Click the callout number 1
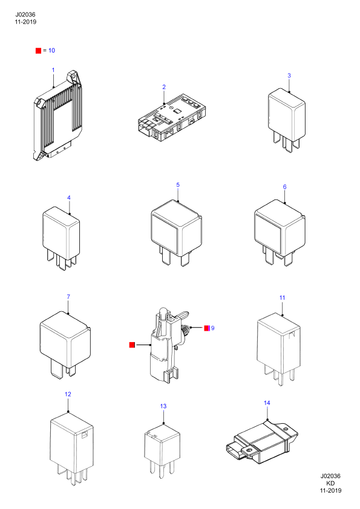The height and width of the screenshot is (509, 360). pyautogui.click(x=53, y=70)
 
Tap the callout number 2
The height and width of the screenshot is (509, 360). pyautogui.click(x=164, y=87)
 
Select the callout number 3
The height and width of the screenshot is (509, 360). pyautogui.click(x=289, y=76)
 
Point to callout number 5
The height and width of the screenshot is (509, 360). pyautogui.click(x=178, y=185)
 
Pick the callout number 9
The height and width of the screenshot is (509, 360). pyautogui.click(x=213, y=328)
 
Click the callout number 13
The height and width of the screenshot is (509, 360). pyautogui.click(x=163, y=406)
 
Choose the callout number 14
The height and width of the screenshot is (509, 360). pyautogui.click(x=267, y=403)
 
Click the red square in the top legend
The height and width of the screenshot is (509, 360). pyautogui.click(x=38, y=51)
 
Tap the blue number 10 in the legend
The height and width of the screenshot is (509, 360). pyautogui.click(x=51, y=50)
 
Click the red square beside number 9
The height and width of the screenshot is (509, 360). pyautogui.click(x=207, y=328)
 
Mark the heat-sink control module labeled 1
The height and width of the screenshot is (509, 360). pyautogui.click(x=58, y=115)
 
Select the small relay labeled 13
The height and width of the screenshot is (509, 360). pyautogui.click(x=162, y=450)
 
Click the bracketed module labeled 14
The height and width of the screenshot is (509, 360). pyautogui.click(x=261, y=441)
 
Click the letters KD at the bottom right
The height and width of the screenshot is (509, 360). pyautogui.click(x=330, y=483)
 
